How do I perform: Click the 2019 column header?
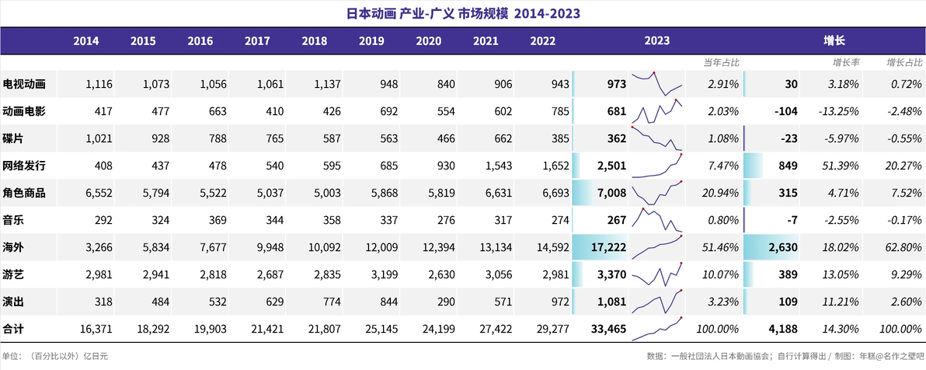[371, 40]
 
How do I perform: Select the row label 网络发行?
[24, 166]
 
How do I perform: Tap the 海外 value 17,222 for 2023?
[607, 248]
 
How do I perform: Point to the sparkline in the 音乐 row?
[656, 221]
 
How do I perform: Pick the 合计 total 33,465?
[607, 330]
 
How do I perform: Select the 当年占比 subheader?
[721, 62]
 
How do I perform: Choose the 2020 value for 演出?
[444, 302]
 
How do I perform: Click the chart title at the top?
[462, 13]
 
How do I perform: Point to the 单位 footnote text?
[55, 356]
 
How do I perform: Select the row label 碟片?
[13, 139]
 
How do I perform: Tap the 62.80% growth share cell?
[902, 248]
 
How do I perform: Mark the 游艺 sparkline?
[656, 275]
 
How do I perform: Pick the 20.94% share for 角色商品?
[721, 194]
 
